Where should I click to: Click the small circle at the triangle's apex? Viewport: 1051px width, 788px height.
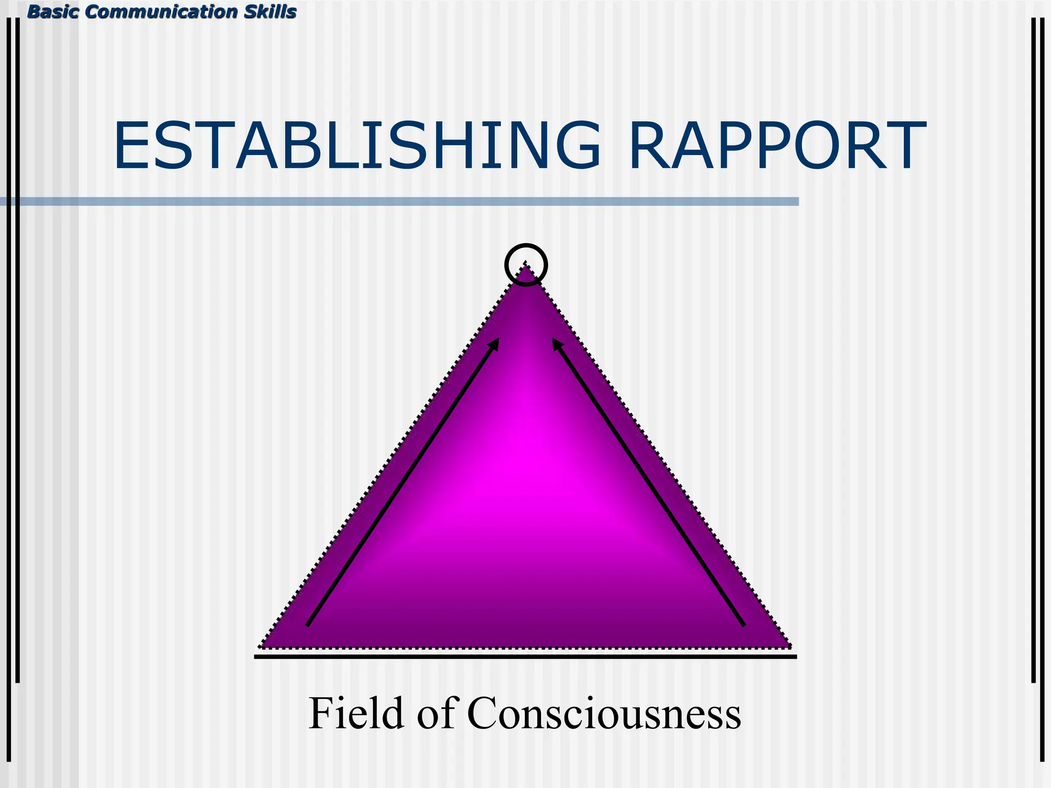click(526, 265)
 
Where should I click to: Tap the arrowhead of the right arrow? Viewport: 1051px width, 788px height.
click(557, 343)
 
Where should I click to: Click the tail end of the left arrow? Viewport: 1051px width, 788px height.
click(308, 624)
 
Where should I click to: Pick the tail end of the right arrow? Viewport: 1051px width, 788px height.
click(743, 624)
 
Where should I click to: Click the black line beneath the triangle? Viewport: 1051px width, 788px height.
click(525, 656)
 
